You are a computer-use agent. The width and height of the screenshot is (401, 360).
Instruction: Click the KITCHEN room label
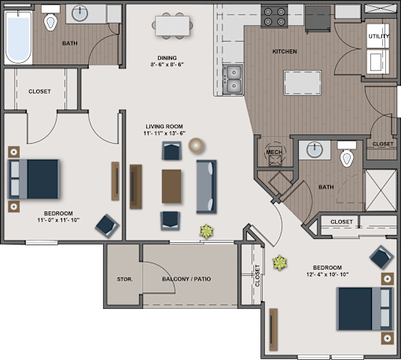coord(285,51)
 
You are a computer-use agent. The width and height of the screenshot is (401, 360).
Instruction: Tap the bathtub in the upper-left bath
coord(18,37)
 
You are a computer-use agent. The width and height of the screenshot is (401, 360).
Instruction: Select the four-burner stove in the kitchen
coord(274,17)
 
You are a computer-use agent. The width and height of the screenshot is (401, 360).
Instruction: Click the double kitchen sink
coord(234,79)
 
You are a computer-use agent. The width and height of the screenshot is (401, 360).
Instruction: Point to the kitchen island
coord(303,83)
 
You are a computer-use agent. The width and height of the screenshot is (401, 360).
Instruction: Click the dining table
coord(172,26)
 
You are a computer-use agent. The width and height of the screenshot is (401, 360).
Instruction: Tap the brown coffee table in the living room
coord(171,186)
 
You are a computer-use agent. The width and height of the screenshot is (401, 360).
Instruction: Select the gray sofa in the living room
coord(207,186)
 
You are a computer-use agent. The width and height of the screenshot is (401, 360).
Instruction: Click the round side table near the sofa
coord(196,145)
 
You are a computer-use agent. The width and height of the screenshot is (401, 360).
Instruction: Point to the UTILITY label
coord(379,36)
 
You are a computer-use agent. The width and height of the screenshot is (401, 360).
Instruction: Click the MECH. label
coord(274,152)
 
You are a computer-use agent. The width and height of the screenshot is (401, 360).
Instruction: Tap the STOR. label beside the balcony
coord(125,279)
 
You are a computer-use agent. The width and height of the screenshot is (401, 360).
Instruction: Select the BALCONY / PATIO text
coord(186,279)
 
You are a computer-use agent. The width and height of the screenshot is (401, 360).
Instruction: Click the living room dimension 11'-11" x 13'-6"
coord(164,133)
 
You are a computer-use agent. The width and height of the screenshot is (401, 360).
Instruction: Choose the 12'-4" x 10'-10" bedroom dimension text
coord(327,274)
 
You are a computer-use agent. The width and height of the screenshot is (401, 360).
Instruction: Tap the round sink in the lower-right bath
coord(315,150)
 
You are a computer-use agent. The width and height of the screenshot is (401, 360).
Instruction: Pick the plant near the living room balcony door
coord(207,231)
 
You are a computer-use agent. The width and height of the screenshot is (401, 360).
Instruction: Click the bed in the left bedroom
coord(34,179)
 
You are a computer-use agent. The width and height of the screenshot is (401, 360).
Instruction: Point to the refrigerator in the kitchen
coord(318,19)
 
